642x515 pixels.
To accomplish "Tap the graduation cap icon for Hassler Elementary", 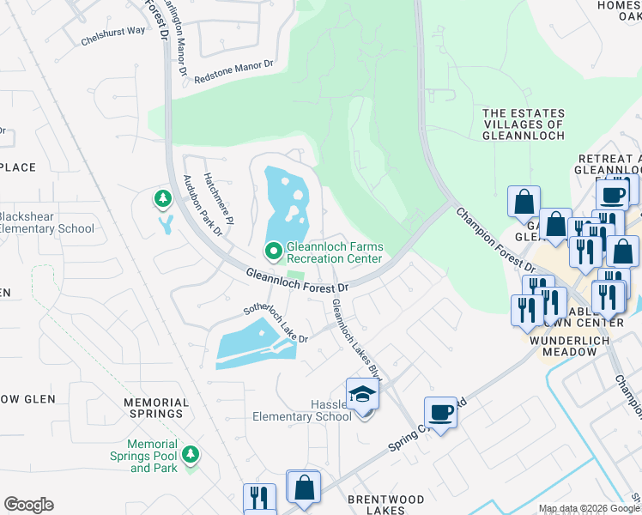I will pos(362,396).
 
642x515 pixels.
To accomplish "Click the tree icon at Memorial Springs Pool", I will pos(191,453).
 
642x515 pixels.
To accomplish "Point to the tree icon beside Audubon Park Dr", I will pos(162,200).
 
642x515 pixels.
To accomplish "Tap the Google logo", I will pos(28,505).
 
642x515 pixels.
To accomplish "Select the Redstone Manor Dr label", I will pos(233,71).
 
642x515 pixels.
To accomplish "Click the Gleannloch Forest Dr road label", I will pos(297,282).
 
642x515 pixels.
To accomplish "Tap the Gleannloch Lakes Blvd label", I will pos(357,338).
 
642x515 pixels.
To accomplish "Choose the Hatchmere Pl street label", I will pos(212,193).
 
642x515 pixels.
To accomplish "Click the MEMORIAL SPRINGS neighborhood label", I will pos(156,408).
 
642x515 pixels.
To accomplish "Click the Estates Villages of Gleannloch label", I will pos(524,124).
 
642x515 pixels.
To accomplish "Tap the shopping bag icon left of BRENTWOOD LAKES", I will pos(303,488).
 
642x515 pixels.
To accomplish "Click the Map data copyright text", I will pos(589,508).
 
